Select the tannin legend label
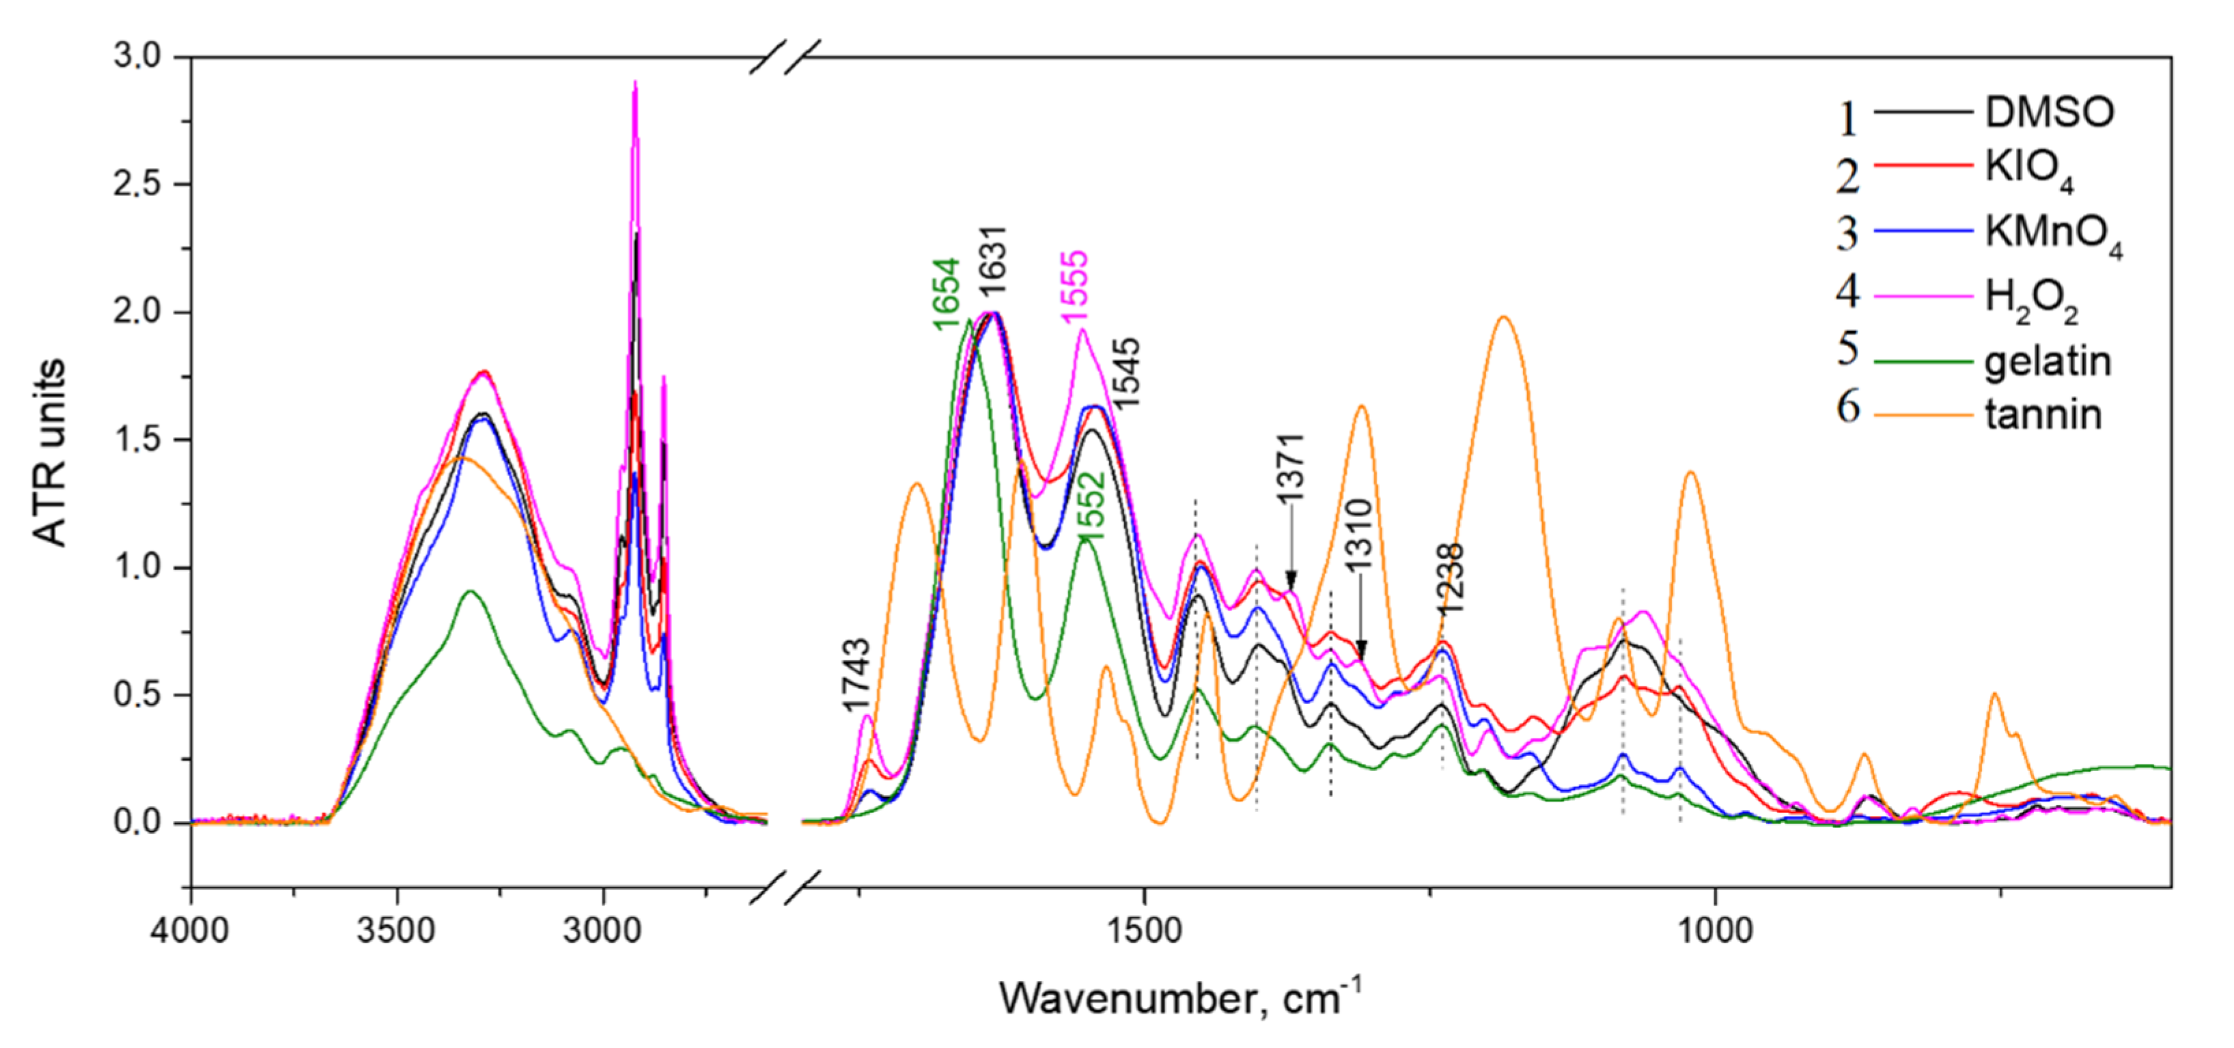pos(2043,415)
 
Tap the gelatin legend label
pos(2048,361)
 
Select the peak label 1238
pos(1449,579)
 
